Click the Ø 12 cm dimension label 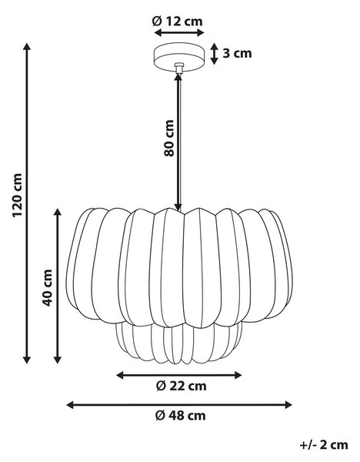tap(178, 22)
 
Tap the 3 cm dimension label tap(237, 53)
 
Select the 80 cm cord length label tap(169, 138)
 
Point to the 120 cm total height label tap(17, 196)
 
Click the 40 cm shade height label tap(47, 287)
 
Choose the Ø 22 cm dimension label tap(181, 386)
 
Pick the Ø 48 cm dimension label tap(181, 416)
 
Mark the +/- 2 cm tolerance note tap(324, 445)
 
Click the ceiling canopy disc tap(179, 58)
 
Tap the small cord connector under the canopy tap(178, 68)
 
